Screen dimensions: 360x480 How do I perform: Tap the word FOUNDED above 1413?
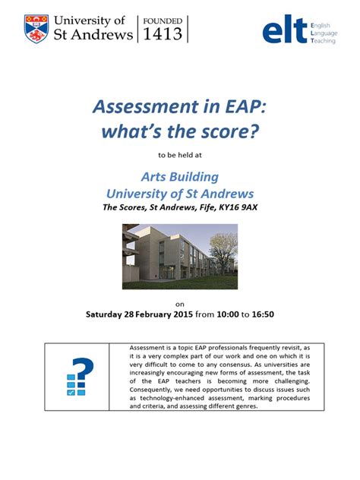click(162, 21)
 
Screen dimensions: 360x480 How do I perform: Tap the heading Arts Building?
click(180, 176)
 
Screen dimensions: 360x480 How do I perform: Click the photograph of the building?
click(179, 256)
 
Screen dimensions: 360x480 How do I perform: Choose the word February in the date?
click(163, 314)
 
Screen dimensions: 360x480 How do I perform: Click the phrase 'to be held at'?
click(180, 154)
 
